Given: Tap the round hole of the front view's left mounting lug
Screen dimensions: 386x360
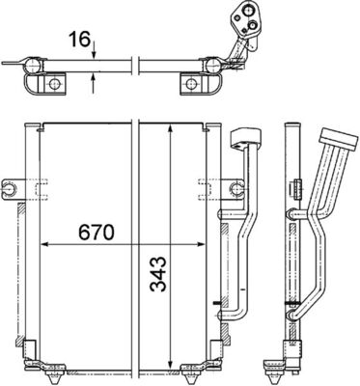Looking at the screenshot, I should click(11, 184).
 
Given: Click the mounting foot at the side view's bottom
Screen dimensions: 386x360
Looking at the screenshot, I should click(291, 365).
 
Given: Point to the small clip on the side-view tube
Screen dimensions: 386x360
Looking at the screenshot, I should click(290, 311).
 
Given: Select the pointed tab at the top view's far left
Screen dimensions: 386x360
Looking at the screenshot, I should click(9, 68).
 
